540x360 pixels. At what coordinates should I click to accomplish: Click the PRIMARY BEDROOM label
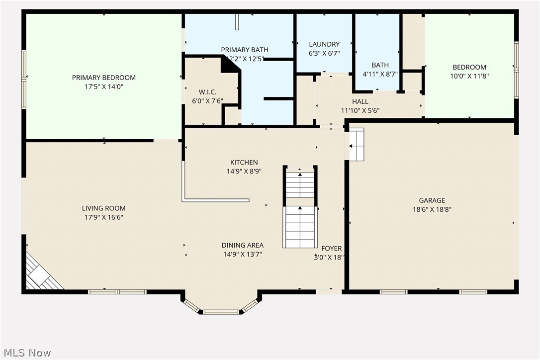(103, 78)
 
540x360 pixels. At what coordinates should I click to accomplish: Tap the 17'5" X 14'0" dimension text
(103, 86)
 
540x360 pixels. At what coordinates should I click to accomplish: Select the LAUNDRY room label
(324, 44)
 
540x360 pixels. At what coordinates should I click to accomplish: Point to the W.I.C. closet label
(207, 92)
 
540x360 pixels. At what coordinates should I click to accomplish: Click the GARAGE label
(431, 201)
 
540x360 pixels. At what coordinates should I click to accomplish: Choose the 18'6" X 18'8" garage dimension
(431, 209)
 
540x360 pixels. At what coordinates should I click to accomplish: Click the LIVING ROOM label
(103, 208)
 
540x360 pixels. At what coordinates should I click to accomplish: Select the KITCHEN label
(244, 163)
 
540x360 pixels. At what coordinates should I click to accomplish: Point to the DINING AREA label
(242, 245)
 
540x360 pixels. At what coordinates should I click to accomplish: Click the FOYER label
(331, 249)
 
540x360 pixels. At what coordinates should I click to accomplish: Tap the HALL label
(360, 102)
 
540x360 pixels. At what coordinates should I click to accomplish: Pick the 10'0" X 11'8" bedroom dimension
(469, 76)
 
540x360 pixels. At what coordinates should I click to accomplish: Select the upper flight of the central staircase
(300, 184)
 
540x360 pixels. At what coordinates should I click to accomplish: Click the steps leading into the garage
(357, 145)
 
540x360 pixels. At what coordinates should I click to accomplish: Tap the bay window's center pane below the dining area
(221, 312)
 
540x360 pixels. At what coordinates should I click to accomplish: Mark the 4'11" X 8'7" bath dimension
(380, 74)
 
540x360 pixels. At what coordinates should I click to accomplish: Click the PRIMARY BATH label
(244, 50)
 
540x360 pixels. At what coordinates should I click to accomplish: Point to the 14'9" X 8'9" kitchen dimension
(244, 171)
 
